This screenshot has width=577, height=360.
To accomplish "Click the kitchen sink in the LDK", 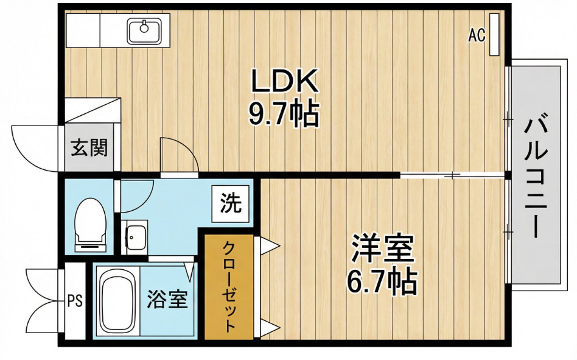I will tap(144, 29).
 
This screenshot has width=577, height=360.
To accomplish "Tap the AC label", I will tap(476, 36).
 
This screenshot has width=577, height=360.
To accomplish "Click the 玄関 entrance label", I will tap(89, 148).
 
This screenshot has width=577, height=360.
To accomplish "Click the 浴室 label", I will tap(167, 300).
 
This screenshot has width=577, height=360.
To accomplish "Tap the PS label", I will tap(75, 300).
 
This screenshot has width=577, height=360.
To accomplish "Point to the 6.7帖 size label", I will tap(382, 281).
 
